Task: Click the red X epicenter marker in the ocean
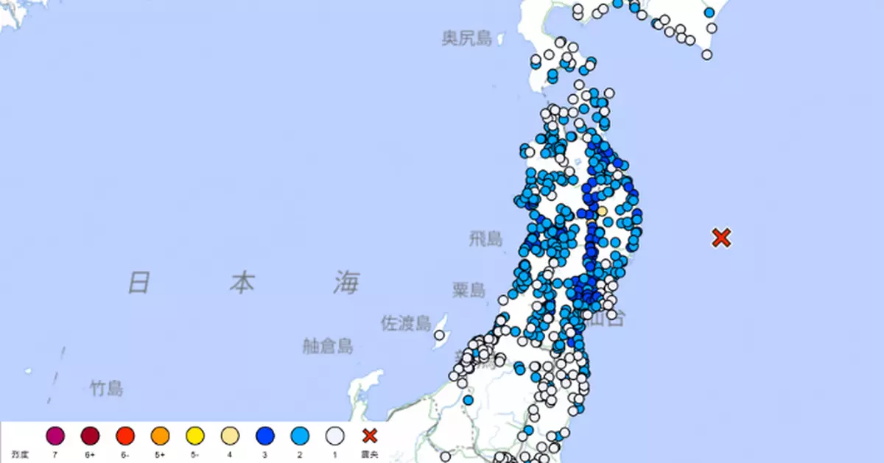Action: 721,238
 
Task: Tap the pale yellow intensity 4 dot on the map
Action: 602,211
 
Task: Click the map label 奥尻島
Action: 467,38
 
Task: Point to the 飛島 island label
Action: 485,238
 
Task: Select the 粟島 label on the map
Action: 469,290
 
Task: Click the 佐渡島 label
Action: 405,323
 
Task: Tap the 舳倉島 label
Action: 328,346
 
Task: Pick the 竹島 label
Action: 107,389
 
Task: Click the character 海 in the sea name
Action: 345,283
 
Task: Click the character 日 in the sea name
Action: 139,282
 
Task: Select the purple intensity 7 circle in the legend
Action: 55,437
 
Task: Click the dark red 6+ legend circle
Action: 90,437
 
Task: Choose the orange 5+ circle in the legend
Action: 160,437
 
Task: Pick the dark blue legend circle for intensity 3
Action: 265,437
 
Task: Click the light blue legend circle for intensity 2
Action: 301,437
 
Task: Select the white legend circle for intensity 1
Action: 335,437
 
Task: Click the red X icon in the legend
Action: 370,436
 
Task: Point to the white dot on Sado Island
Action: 439,336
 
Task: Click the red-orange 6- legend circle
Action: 125,437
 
